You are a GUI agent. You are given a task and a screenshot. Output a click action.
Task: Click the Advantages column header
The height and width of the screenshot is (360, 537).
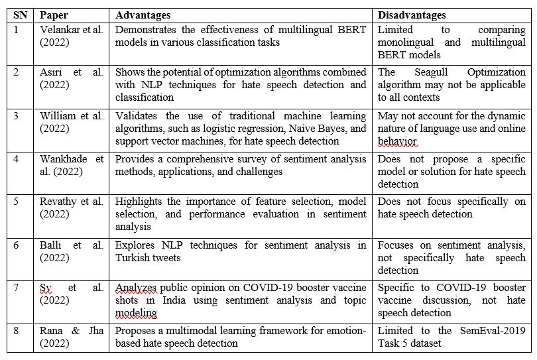pyautogui.click(x=143, y=15)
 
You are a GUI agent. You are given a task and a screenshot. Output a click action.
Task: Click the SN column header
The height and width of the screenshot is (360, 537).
pyautogui.click(x=21, y=15)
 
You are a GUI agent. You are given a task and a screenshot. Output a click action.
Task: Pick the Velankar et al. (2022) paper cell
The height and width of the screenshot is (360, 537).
pyautogui.click(x=72, y=35)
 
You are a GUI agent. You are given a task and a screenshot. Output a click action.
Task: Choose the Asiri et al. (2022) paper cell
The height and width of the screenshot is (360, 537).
pyautogui.click(x=72, y=78)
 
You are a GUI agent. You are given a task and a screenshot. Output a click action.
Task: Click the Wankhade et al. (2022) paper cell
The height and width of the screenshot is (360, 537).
pyautogui.click(x=72, y=164)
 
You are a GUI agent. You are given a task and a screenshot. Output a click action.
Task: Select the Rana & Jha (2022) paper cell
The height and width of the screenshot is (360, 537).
pyautogui.click(x=72, y=337)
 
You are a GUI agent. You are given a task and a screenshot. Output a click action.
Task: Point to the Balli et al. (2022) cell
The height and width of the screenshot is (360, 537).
pyautogui.click(x=72, y=251)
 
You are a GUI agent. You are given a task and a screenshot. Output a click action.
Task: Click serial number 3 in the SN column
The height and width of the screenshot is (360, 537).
pyautogui.click(x=17, y=116)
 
